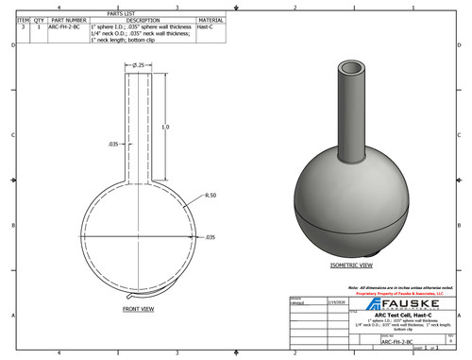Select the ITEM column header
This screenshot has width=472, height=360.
(x=24, y=20)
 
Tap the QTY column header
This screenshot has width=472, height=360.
(x=40, y=20)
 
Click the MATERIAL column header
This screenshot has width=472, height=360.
(x=212, y=20)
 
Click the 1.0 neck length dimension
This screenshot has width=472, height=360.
(x=165, y=126)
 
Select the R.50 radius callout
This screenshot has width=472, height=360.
(x=211, y=195)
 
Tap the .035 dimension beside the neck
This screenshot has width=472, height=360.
(x=112, y=145)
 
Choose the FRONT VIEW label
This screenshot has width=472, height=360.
(x=141, y=308)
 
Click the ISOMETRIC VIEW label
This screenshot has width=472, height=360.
(x=350, y=266)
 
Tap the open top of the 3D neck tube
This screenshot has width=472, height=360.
(x=352, y=70)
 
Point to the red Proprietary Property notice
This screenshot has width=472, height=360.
(x=400, y=292)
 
